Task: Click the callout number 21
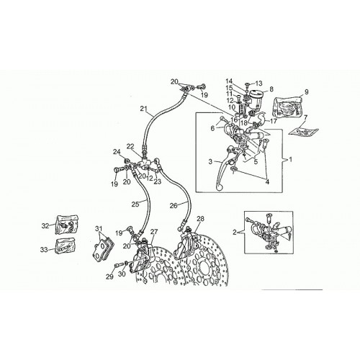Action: (x=143, y=109)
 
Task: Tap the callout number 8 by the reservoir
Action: (x=271, y=89)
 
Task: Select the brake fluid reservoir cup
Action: (x=256, y=99)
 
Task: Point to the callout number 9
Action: (x=306, y=91)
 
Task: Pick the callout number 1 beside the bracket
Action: (x=291, y=160)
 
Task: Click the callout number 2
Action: (x=235, y=232)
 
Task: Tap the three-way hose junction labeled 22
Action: (x=145, y=163)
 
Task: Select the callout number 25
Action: (x=135, y=204)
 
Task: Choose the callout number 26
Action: (x=174, y=206)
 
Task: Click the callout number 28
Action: (x=200, y=219)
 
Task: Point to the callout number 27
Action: (x=154, y=232)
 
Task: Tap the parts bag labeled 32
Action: (x=67, y=225)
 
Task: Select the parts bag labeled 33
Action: (x=66, y=246)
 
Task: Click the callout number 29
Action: (x=109, y=276)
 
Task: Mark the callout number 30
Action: (x=122, y=274)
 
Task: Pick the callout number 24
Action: (x=117, y=152)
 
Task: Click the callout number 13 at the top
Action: (x=259, y=84)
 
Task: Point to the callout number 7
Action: (x=305, y=117)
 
